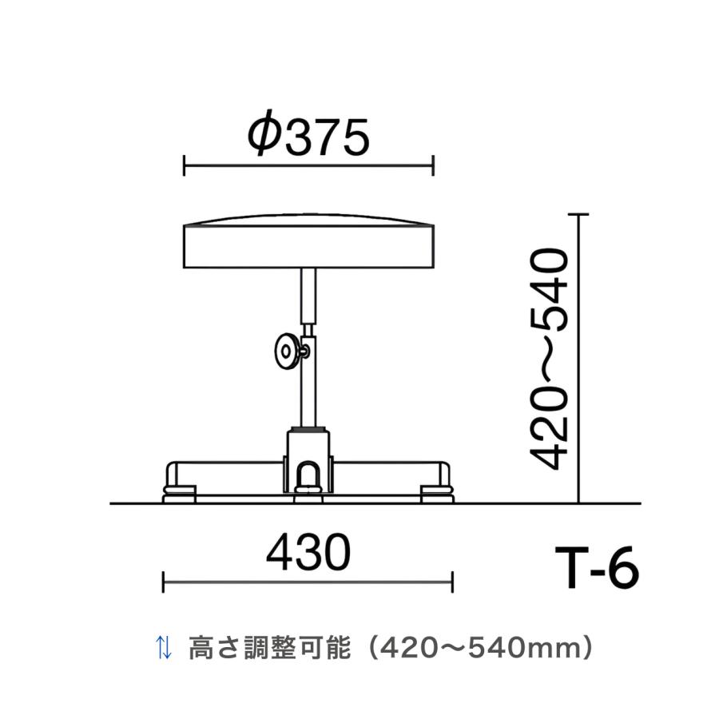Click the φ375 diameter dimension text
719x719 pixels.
(x=308, y=133)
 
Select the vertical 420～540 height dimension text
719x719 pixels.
(x=550, y=359)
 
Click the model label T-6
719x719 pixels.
(x=597, y=568)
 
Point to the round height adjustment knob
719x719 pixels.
(x=287, y=352)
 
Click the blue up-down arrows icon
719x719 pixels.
(x=164, y=647)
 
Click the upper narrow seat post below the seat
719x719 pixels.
(x=308, y=296)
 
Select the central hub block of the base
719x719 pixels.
(x=308, y=461)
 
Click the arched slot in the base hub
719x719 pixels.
(x=308, y=475)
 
